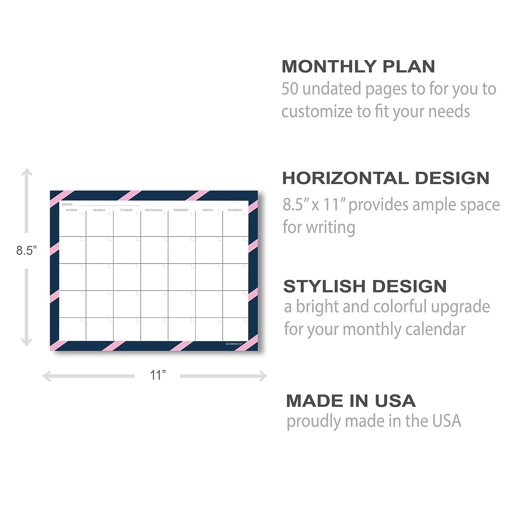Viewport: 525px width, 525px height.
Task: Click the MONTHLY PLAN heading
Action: (358, 66)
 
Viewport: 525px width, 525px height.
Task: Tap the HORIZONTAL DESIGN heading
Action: (386, 178)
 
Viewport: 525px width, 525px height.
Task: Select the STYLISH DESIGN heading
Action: (365, 286)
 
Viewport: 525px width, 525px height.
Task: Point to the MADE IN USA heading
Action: (351, 401)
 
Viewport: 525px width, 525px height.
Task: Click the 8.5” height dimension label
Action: (27, 251)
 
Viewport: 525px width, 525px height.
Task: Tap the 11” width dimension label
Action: (157, 375)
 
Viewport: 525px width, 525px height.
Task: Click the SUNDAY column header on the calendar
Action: (72, 210)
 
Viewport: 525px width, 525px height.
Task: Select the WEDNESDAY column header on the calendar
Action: (154, 210)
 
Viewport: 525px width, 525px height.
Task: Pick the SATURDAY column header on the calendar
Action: (235, 210)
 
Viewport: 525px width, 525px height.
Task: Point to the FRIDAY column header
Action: (208, 210)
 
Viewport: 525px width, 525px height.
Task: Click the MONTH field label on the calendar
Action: (67, 204)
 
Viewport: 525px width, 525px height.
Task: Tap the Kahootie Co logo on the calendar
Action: (234, 344)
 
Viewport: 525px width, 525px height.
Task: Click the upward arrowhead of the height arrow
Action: (27, 171)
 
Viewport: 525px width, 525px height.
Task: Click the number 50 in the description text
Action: (290, 89)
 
